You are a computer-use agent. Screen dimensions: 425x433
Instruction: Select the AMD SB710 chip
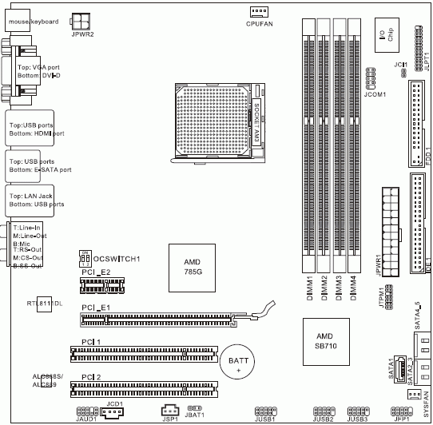click(x=324, y=340)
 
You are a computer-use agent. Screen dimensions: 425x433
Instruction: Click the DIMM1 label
click(x=309, y=288)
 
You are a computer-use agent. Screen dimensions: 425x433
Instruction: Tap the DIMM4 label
click(x=353, y=288)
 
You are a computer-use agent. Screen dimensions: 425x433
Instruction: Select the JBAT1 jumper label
click(x=196, y=415)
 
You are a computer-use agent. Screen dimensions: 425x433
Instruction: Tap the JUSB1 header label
click(x=265, y=419)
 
